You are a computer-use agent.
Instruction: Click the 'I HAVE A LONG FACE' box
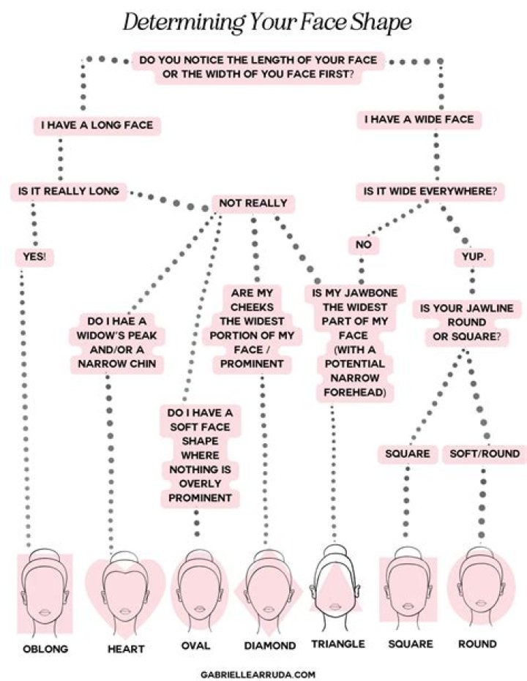pyautogui.click(x=97, y=126)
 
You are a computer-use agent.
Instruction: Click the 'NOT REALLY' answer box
pyautogui.click(x=253, y=203)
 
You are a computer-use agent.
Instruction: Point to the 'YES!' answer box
pyautogui.click(x=35, y=257)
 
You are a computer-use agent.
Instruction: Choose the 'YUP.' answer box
pyautogui.click(x=474, y=257)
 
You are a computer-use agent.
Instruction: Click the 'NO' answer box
pyautogui.click(x=363, y=245)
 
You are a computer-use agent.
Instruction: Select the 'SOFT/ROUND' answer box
pyautogui.click(x=485, y=454)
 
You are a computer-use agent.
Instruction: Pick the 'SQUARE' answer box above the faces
pyautogui.click(x=408, y=454)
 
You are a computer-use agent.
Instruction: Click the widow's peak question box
pyautogui.click(x=122, y=342)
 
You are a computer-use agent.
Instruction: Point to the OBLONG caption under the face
pyautogui.click(x=45, y=649)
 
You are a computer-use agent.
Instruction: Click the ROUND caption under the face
pyautogui.click(x=477, y=644)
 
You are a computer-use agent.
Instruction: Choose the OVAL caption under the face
pyautogui.click(x=195, y=646)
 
